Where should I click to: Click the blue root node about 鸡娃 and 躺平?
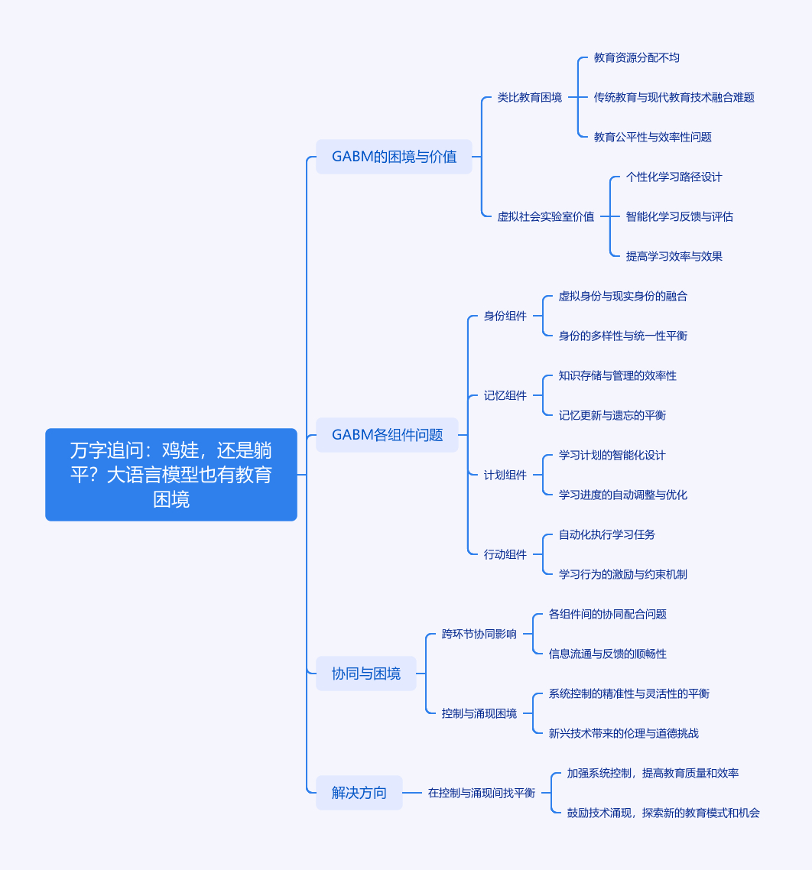(x=171, y=475)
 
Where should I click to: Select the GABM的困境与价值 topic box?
(x=394, y=157)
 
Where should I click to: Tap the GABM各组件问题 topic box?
(x=387, y=435)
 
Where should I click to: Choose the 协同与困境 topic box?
(x=365, y=674)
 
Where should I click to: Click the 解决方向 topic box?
(x=359, y=793)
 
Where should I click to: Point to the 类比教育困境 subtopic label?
(x=529, y=97)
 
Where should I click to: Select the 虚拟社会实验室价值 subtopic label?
(x=545, y=216)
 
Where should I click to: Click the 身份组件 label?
(x=505, y=316)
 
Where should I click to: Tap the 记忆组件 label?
(x=505, y=395)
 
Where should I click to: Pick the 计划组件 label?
(x=505, y=475)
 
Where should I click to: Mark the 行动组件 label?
(x=505, y=554)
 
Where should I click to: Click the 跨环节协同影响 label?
(x=479, y=634)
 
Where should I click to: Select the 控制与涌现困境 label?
(x=479, y=713)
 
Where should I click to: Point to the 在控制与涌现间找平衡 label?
(x=481, y=793)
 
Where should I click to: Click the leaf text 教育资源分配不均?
(x=636, y=57)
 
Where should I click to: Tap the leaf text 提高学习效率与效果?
(x=674, y=256)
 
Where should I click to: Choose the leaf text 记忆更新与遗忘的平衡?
(x=612, y=415)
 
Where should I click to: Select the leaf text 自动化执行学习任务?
(x=606, y=534)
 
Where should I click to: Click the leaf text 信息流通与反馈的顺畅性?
(x=607, y=654)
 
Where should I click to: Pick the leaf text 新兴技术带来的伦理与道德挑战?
(x=623, y=733)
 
